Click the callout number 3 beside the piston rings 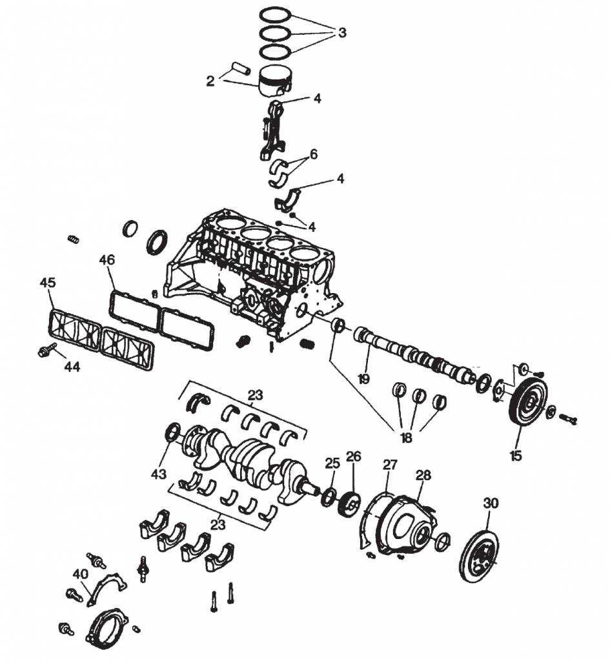coord(342,32)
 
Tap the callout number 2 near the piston coord(210,81)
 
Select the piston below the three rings coord(274,82)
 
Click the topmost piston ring coord(275,14)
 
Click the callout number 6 coord(313,154)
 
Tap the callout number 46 coord(107,260)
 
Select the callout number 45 coord(48,283)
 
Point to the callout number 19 coord(363,379)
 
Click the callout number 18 coord(406,438)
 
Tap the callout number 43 coord(159,474)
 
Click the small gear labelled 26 coord(350,503)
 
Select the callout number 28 coord(423,475)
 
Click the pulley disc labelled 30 coord(478,556)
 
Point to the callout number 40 coord(80,574)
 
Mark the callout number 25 coord(332,463)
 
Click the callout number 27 coord(390,465)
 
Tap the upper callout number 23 coord(255,395)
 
